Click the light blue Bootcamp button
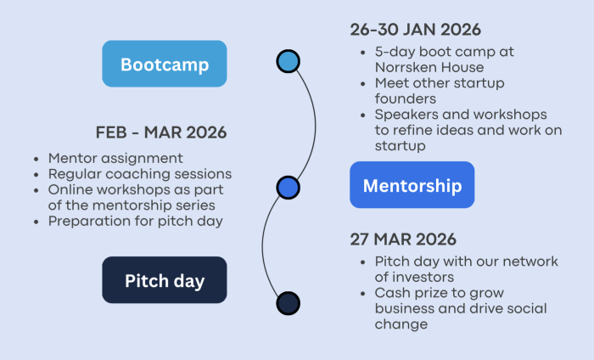165,64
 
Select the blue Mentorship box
412,185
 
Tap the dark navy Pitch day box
165,280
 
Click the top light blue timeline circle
289,61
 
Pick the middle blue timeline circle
289,187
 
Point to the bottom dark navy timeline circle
289,303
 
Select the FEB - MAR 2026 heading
160,133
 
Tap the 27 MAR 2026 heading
402,239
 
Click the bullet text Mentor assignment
115,158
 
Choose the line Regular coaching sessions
140,174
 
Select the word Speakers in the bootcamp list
405,115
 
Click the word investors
425,277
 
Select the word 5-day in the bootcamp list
393,53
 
